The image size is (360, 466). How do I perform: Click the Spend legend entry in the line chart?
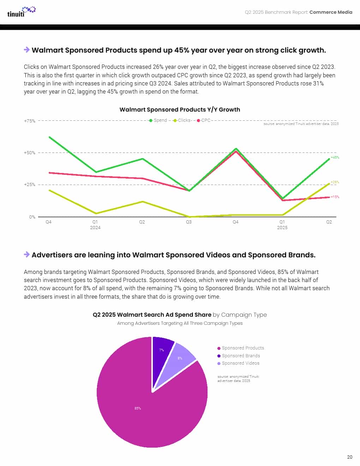click(158, 120)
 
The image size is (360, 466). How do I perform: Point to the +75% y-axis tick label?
click(30, 121)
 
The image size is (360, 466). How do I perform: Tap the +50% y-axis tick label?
click(30, 153)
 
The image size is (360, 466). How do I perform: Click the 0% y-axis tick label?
click(32, 217)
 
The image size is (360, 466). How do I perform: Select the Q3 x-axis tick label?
click(189, 222)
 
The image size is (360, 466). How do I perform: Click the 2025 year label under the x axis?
click(282, 228)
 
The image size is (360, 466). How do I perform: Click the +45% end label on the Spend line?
click(335, 157)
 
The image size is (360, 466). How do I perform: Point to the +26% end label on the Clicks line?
click(335, 182)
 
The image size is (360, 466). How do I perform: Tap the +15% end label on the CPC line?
click(335, 197)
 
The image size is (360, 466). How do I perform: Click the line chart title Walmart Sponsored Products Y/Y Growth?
click(180, 109)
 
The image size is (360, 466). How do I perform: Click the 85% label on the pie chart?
click(138, 408)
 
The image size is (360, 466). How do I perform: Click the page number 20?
click(349, 457)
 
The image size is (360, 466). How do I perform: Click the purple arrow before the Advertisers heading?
click(27, 255)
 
